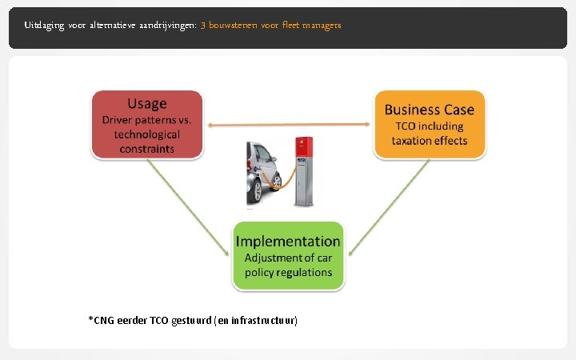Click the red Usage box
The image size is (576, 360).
coord(147,125)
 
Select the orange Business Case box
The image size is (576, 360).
coord(429,125)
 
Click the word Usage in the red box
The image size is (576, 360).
coord(147,103)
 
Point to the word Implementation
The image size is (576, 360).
coord(288,241)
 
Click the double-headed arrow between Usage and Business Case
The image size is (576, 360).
coord(288,124)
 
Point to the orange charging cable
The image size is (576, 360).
coord(286,181)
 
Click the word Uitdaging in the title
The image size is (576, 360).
coord(41,26)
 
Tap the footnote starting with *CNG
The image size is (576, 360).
coord(193,320)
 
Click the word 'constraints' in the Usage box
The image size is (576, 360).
coord(147,148)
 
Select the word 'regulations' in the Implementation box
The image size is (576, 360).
coord(300,272)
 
